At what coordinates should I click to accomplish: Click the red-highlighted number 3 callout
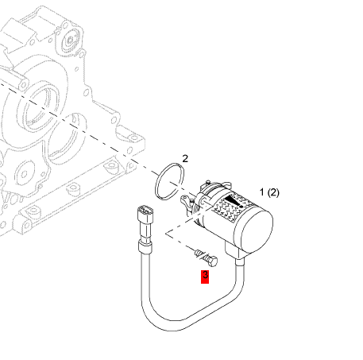205,277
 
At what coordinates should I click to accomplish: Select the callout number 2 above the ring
185,159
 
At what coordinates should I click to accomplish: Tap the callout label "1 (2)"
269,192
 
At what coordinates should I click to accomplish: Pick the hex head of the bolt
213,261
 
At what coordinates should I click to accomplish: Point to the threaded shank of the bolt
201,255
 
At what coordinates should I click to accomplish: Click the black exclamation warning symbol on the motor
234,201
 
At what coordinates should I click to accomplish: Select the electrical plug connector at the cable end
145,214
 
